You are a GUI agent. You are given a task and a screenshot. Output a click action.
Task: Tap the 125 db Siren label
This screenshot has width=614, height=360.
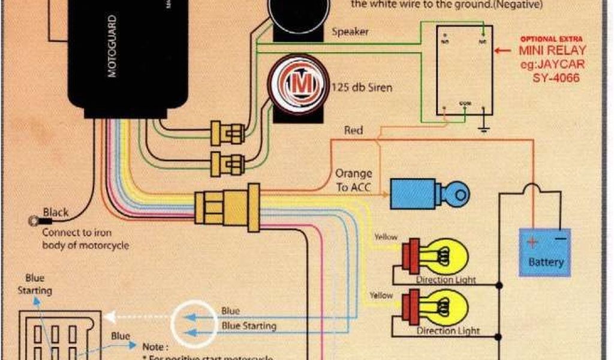click(x=362, y=88)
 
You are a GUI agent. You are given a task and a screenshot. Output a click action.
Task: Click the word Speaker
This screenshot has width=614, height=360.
click(x=350, y=32)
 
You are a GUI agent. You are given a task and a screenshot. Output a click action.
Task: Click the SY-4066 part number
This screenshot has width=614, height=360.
click(x=556, y=77)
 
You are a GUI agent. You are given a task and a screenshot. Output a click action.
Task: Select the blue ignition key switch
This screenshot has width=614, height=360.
click(x=429, y=193)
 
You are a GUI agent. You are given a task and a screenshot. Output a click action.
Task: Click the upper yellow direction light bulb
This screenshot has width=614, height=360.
click(x=442, y=256)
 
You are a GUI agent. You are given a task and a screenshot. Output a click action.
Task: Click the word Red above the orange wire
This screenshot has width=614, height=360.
click(x=353, y=130)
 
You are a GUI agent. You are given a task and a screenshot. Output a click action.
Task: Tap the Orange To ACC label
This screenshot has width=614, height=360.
click(x=353, y=180)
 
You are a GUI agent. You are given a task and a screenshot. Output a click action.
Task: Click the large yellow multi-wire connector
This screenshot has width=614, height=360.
click(x=227, y=206)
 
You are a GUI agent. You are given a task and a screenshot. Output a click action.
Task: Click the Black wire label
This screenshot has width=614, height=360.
click(x=56, y=212)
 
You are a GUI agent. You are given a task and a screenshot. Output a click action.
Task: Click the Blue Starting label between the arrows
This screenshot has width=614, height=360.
click(x=249, y=326)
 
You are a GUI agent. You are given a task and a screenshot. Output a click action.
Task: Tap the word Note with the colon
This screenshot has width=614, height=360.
click(x=156, y=346)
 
